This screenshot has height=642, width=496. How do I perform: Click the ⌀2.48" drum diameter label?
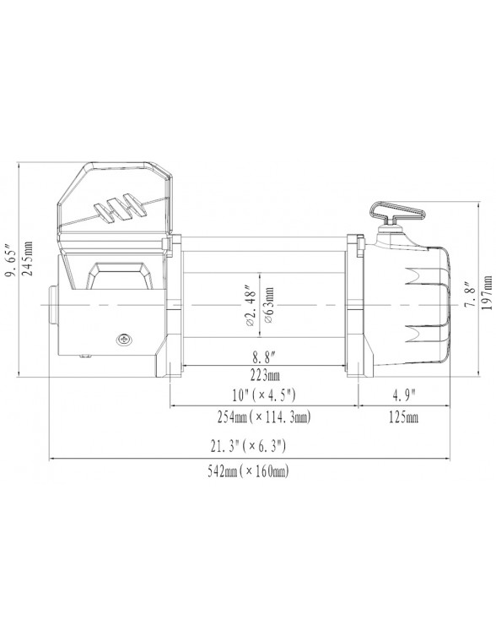[x=250, y=308]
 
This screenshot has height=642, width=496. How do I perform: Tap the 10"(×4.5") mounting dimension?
[x=265, y=396]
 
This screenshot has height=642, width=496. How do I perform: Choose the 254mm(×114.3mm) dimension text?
[x=265, y=417]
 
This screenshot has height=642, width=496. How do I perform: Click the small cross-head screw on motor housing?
[x=125, y=340]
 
